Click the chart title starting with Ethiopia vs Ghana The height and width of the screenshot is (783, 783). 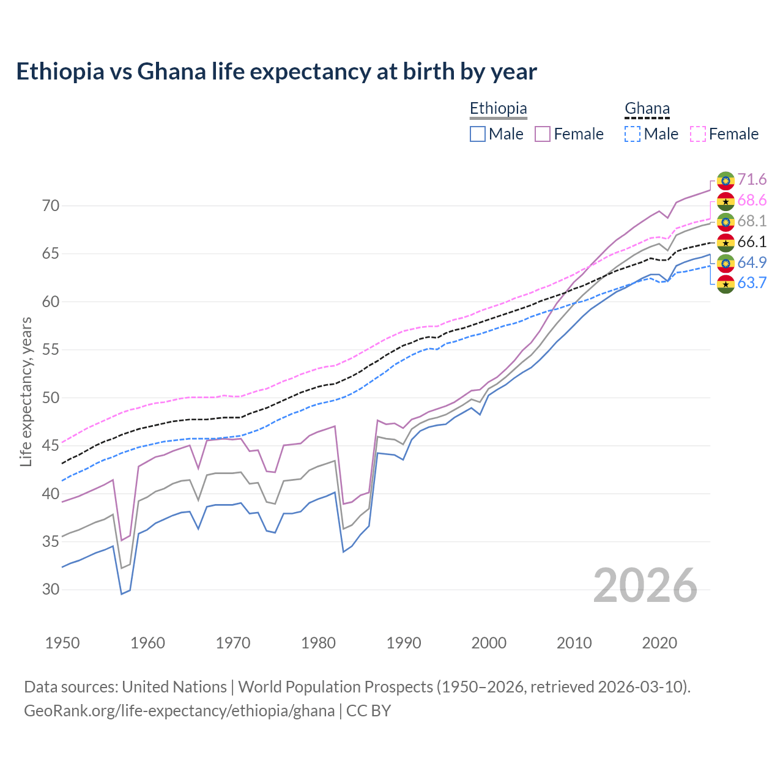(x=276, y=72)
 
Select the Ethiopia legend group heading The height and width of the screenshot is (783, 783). (x=498, y=109)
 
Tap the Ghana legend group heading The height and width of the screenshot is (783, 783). (x=647, y=109)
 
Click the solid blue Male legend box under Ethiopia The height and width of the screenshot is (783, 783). (x=478, y=134)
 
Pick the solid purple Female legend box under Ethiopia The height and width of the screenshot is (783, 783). (x=543, y=134)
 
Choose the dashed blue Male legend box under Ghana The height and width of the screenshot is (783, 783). (x=633, y=134)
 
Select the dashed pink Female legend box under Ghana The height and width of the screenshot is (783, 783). (x=698, y=134)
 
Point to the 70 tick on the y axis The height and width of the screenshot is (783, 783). (x=51, y=206)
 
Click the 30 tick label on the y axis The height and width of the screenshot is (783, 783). (x=51, y=590)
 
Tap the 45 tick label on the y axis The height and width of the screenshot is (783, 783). (x=51, y=446)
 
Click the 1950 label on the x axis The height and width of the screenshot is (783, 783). (x=62, y=643)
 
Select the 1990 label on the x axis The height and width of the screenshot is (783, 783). (x=404, y=643)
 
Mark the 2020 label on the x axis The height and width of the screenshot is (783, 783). (x=659, y=643)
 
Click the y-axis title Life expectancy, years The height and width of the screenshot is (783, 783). (x=26, y=391)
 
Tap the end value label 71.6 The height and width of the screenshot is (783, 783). (x=752, y=179)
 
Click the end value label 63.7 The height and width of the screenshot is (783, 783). (x=752, y=283)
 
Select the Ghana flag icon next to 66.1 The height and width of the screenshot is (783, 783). (x=725, y=242)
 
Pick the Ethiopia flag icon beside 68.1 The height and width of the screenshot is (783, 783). (x=725, y=221)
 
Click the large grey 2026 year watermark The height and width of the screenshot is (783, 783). (x=645, y=585)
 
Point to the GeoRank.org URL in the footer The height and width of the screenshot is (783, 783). (x=179, y=711)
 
